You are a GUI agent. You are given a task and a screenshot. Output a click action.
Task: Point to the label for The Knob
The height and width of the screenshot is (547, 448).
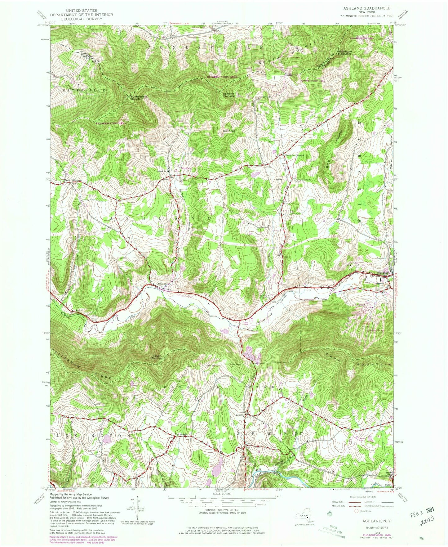click(229, 131)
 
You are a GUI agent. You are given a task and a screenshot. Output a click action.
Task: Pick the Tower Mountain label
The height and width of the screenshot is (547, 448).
click(157, 357)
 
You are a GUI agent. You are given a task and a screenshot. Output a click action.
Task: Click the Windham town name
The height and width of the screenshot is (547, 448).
click(382, 273)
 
